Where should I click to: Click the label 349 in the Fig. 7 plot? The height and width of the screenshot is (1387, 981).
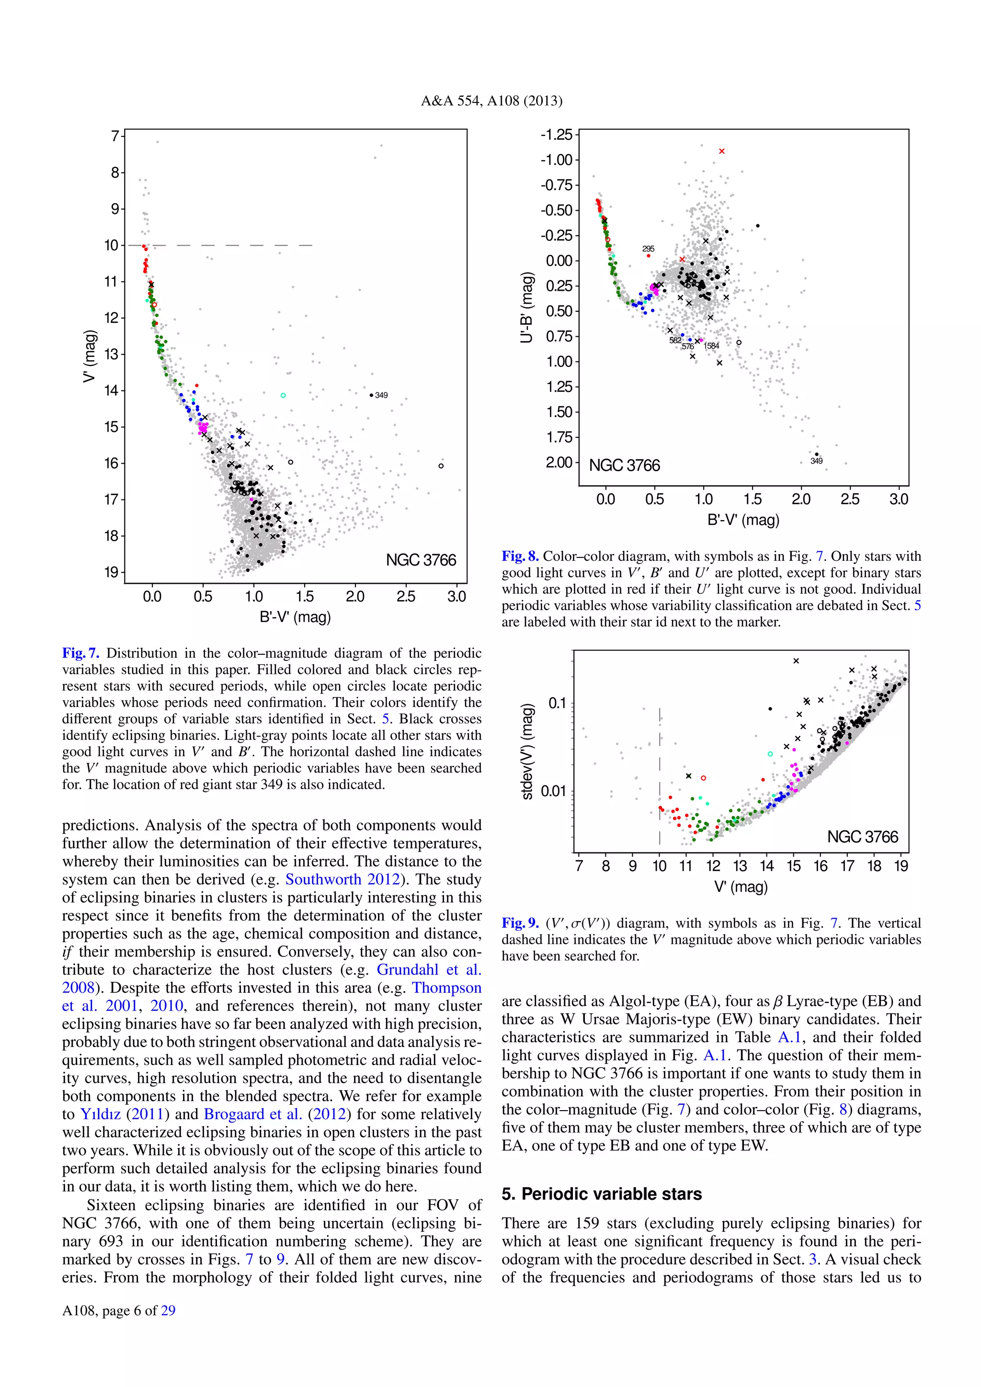381,395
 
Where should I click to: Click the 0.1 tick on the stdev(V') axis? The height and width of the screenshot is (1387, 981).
557,703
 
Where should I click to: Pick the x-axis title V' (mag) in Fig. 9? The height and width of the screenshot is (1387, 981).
741,887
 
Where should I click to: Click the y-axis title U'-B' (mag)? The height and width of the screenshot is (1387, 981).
527,308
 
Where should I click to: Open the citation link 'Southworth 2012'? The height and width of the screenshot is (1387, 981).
342,879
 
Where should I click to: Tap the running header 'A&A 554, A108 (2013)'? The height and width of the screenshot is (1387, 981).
491,101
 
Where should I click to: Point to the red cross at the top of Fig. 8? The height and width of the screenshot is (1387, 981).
722,151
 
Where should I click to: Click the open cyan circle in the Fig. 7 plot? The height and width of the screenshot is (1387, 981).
283,396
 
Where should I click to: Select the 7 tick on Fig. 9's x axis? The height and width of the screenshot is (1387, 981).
579,865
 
